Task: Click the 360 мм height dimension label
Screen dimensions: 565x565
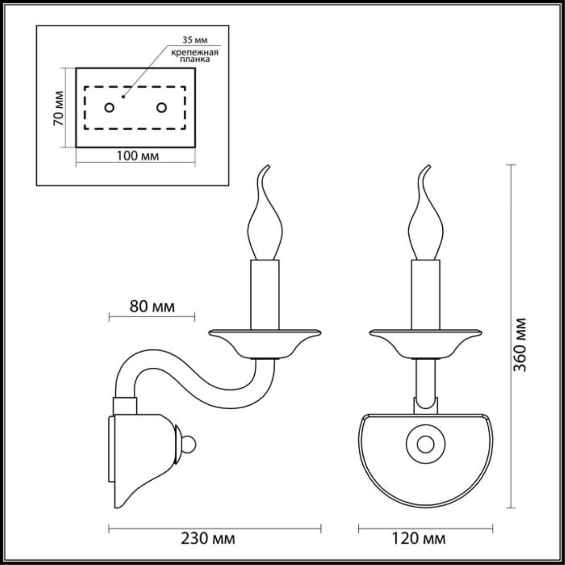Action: pos(521,344)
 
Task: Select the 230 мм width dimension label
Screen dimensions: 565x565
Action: pos(208,539)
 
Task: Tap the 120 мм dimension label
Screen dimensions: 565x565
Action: pos(418,539)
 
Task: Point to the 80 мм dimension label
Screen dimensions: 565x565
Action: pos(152,306)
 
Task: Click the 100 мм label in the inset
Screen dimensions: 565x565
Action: pos(137,155)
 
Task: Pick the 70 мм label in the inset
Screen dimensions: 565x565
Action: pos(58,108)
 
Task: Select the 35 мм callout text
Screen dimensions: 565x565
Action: pos(194,40)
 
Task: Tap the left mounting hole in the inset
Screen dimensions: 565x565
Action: pos(109,107)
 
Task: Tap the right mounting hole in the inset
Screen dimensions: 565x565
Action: pos(162,107)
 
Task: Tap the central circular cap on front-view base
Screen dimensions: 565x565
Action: pos(426,444)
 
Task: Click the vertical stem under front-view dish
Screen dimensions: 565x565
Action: pos(426,380)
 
